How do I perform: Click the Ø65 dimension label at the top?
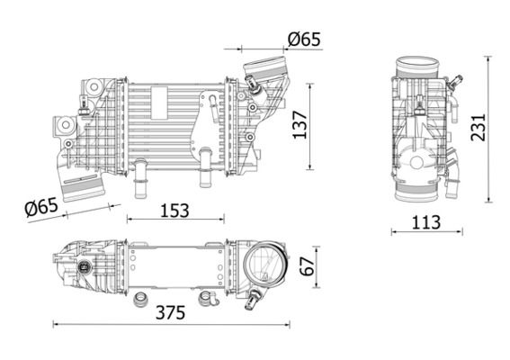(x=304, y=39)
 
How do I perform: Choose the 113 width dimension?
(x=428, y=221)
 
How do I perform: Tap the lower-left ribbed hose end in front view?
(x=90, y=187)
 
